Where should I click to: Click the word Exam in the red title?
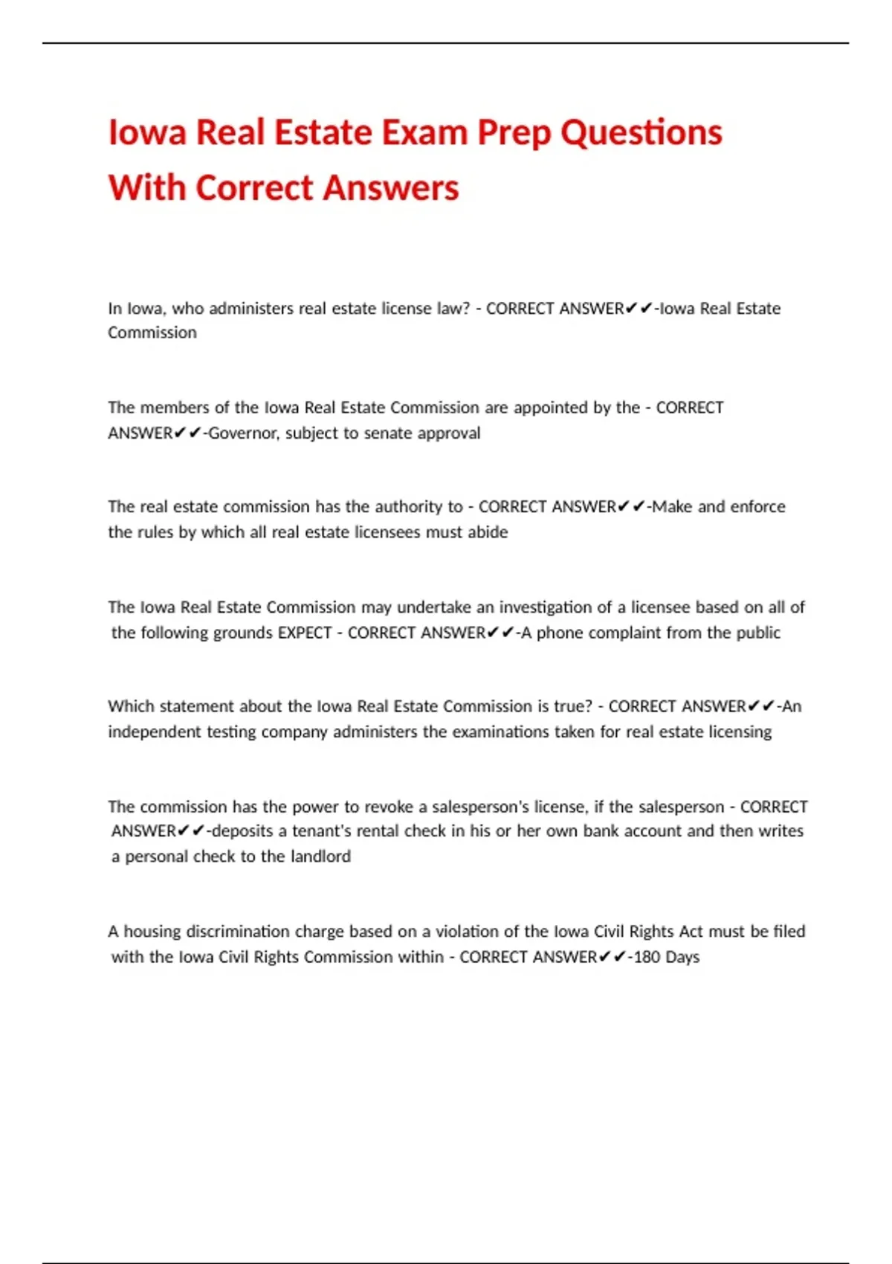coord(424,133)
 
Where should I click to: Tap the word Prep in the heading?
coord(514,133)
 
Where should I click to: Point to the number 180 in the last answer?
coord(647,957)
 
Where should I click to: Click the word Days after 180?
coord(682,957)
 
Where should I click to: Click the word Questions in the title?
coord(641,133)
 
